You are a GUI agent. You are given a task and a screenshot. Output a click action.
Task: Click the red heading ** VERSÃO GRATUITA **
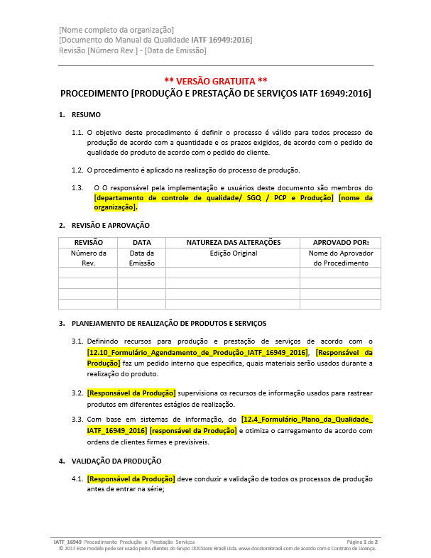215,81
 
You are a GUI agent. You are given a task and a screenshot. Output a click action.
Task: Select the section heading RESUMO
86,115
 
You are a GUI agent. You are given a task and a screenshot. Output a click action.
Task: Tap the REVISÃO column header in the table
88,242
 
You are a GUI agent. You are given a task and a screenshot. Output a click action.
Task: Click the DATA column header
141,242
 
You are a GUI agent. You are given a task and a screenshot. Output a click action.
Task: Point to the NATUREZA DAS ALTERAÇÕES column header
234,242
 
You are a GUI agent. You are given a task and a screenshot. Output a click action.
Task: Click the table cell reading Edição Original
234,253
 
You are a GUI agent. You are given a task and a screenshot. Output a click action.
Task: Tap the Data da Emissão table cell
141,258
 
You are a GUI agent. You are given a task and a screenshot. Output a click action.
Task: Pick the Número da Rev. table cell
88,258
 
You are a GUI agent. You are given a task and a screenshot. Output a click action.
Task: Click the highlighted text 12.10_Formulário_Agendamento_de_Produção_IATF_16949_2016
197,353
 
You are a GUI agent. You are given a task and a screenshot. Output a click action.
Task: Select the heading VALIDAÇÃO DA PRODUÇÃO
116,461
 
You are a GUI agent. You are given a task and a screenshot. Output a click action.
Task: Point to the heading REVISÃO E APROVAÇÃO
111,225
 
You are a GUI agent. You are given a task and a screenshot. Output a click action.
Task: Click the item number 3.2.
77,393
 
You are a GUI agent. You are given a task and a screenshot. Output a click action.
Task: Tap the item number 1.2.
77,170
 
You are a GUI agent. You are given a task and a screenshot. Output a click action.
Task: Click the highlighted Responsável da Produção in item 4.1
131,479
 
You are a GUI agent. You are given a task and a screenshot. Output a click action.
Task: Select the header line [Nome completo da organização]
116,29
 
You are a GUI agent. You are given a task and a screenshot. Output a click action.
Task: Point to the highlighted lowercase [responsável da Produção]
193,430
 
